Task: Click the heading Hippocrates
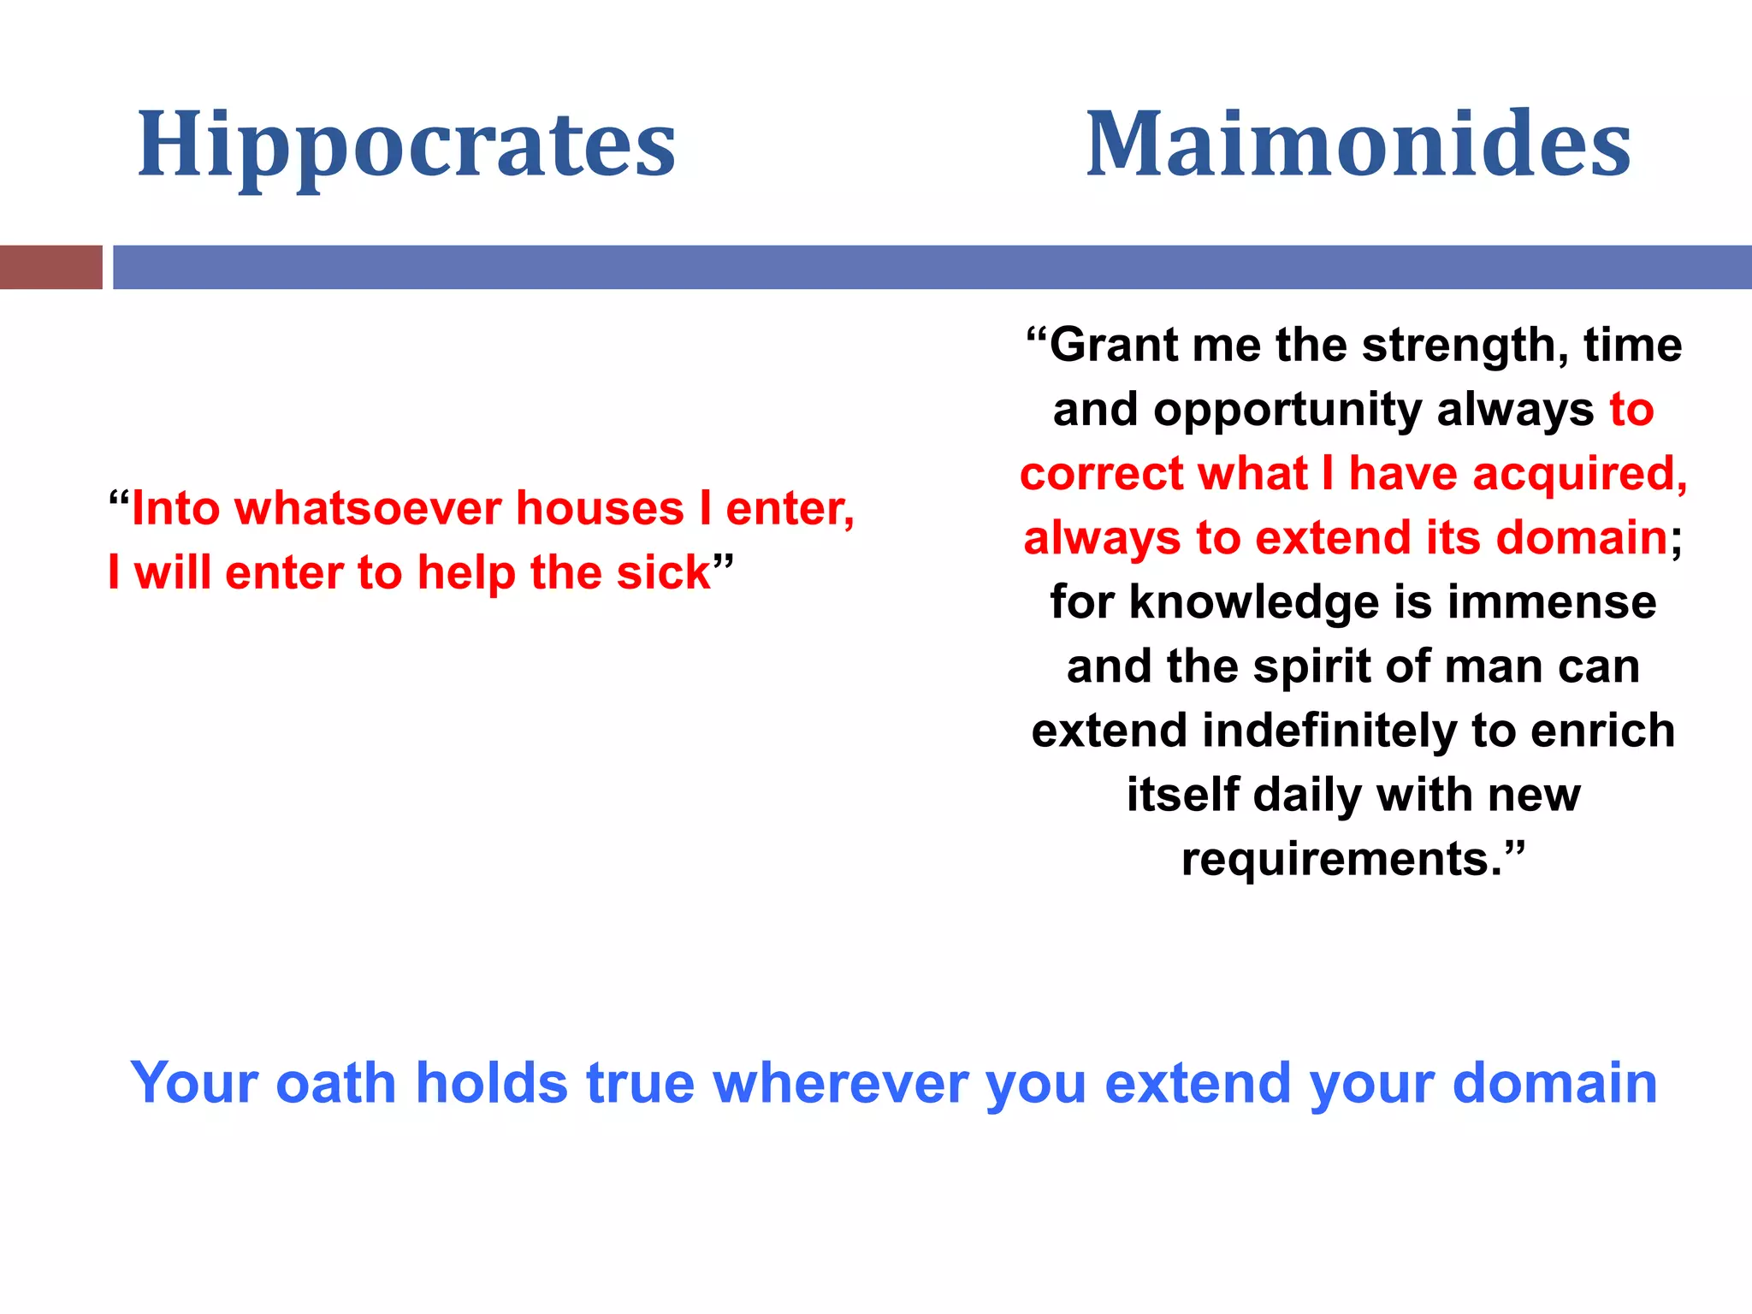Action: (x=406, y=145)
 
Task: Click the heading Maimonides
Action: (x=1358, y=145)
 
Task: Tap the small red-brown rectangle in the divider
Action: (x=50, y=267)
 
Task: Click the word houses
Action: (x=600, y=509)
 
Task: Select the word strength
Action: (x=1464, y=346)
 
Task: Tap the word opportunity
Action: (x=1287, y=411)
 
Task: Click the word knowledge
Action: (x=1254, y=602)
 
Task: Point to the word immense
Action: (x=1552, y=602)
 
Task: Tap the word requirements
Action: (x=1340, y=859)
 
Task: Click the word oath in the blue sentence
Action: (x=335, y=1083)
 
